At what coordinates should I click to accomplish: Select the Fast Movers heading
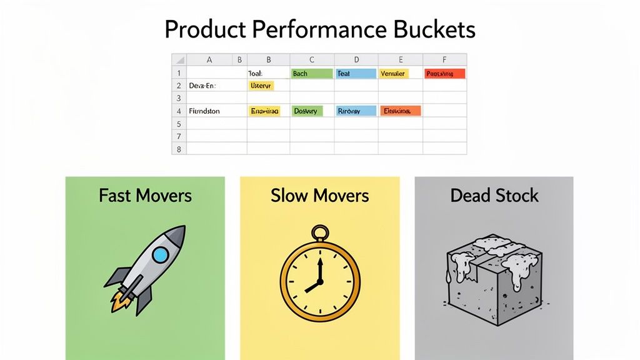tap(145, 196)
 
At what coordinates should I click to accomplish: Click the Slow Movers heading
tap(319, 196)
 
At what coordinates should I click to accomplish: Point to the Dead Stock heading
tap(494, 196)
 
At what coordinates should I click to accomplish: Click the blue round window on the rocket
tap(161, 254)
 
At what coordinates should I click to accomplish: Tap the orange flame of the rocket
tap(121, 302)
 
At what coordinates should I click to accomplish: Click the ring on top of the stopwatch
tap(320, 233)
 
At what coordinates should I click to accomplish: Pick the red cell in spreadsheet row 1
tap(445, 74)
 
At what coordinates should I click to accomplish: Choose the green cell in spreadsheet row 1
tap(312, 74)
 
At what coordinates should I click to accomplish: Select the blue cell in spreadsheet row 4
tap(356, 111)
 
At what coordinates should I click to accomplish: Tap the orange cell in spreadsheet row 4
tap(400, 111)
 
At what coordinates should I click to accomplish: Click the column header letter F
tap(444, 60)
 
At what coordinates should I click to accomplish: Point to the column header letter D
tap(356, 60)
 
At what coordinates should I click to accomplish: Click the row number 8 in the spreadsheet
tap(179, 149)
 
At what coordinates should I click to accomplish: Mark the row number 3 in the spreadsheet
tap(179, 98)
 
